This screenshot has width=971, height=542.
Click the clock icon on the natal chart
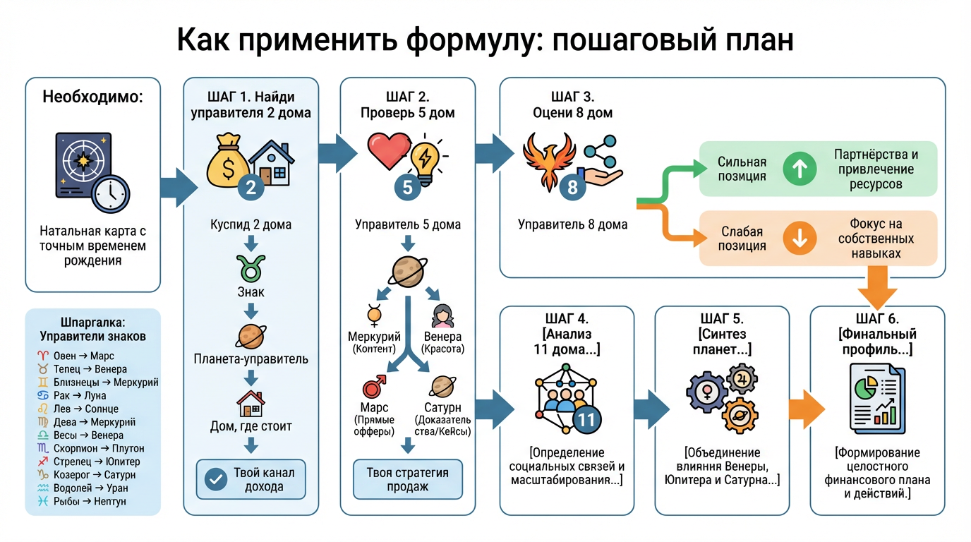point(110,193)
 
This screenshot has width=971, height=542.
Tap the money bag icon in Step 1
point(227,161)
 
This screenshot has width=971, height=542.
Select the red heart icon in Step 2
point(389,151)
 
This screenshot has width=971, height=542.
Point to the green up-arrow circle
point(800,169)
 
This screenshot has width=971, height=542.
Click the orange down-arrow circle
point(800,239)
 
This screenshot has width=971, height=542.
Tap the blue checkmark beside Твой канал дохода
point(215,479)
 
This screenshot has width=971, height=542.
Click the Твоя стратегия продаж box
point(407,480)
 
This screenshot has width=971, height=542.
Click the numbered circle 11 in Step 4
point(587,419)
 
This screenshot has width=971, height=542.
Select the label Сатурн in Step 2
point(442,408)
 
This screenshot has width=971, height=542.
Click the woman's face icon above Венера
point(442,315)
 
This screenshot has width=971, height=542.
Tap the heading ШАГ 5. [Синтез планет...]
point(721,334)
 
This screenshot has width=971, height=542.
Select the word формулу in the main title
point(474,41)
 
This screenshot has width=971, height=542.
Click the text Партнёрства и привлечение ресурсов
point(876,169)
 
